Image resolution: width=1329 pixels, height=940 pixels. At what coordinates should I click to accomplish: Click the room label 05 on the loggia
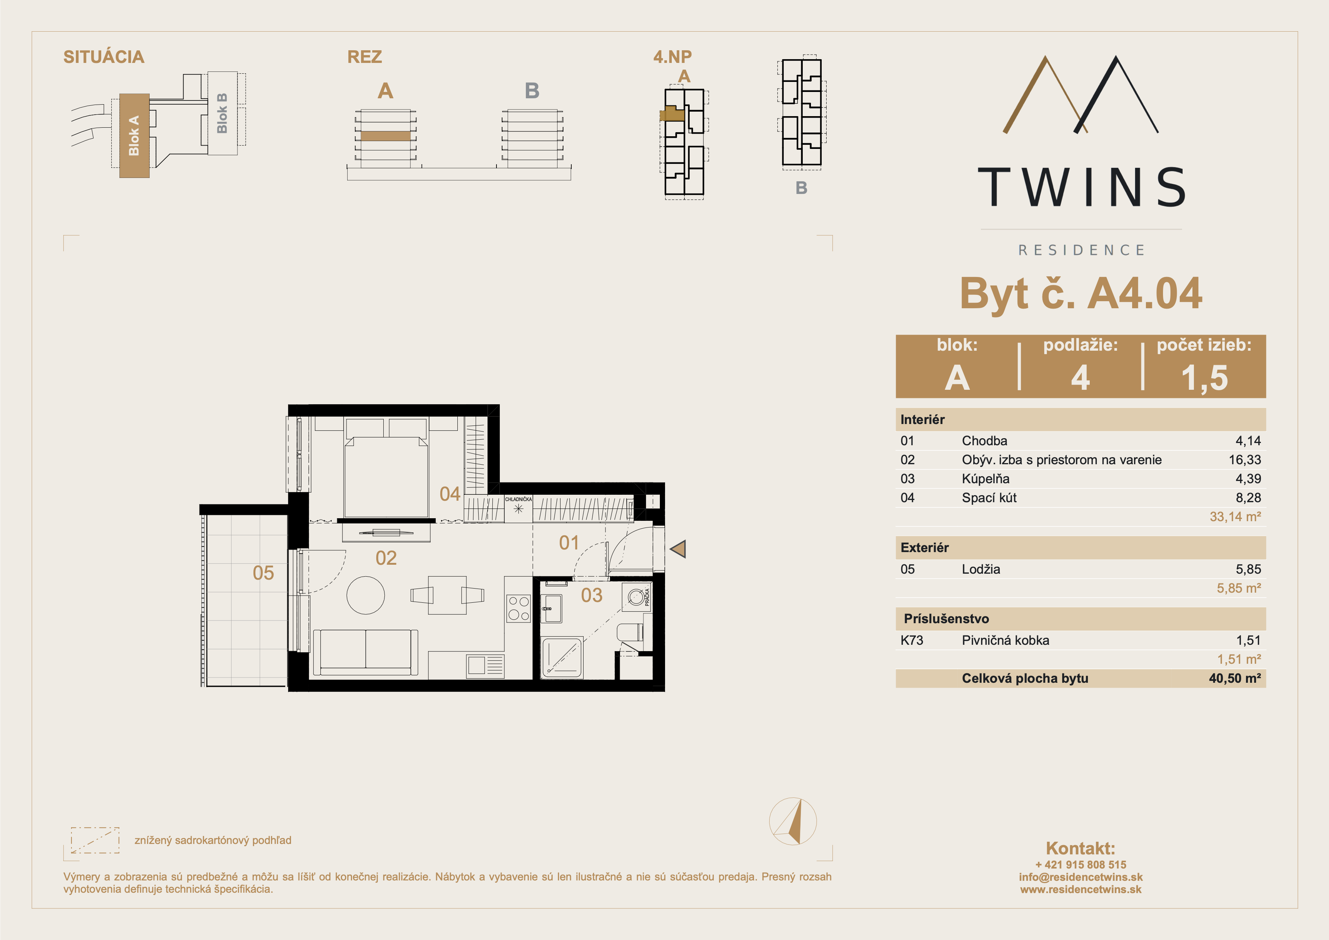click(x=263, y=573)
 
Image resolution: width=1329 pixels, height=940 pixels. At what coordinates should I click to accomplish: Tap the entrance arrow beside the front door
click(x=678, y=548)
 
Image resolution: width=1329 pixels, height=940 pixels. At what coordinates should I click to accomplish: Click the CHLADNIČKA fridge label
click(x=518, y=499)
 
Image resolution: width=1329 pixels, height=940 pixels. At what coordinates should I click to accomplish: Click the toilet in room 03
click(x=631, y=632)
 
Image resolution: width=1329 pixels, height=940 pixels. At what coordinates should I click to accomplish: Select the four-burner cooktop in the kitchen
click(x=519, y=609)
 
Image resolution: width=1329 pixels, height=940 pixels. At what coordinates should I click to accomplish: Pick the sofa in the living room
click(x=365, y=653)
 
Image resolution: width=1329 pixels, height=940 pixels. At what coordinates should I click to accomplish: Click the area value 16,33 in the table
click(x=1245, y=460)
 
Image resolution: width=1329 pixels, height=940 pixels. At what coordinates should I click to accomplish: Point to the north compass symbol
click(x=793, y=821)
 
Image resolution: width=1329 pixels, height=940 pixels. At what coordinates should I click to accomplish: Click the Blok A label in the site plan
click(x=134, y=136)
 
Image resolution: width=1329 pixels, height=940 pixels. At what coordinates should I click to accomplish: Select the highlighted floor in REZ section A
click(x=386, y=136)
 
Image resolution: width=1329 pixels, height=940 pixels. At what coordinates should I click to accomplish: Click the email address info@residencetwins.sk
click(x=1081, y=877)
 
